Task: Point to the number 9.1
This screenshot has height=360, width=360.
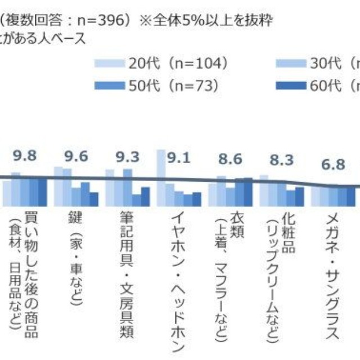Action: coord(179,157)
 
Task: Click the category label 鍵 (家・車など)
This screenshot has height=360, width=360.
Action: coord(76,247)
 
